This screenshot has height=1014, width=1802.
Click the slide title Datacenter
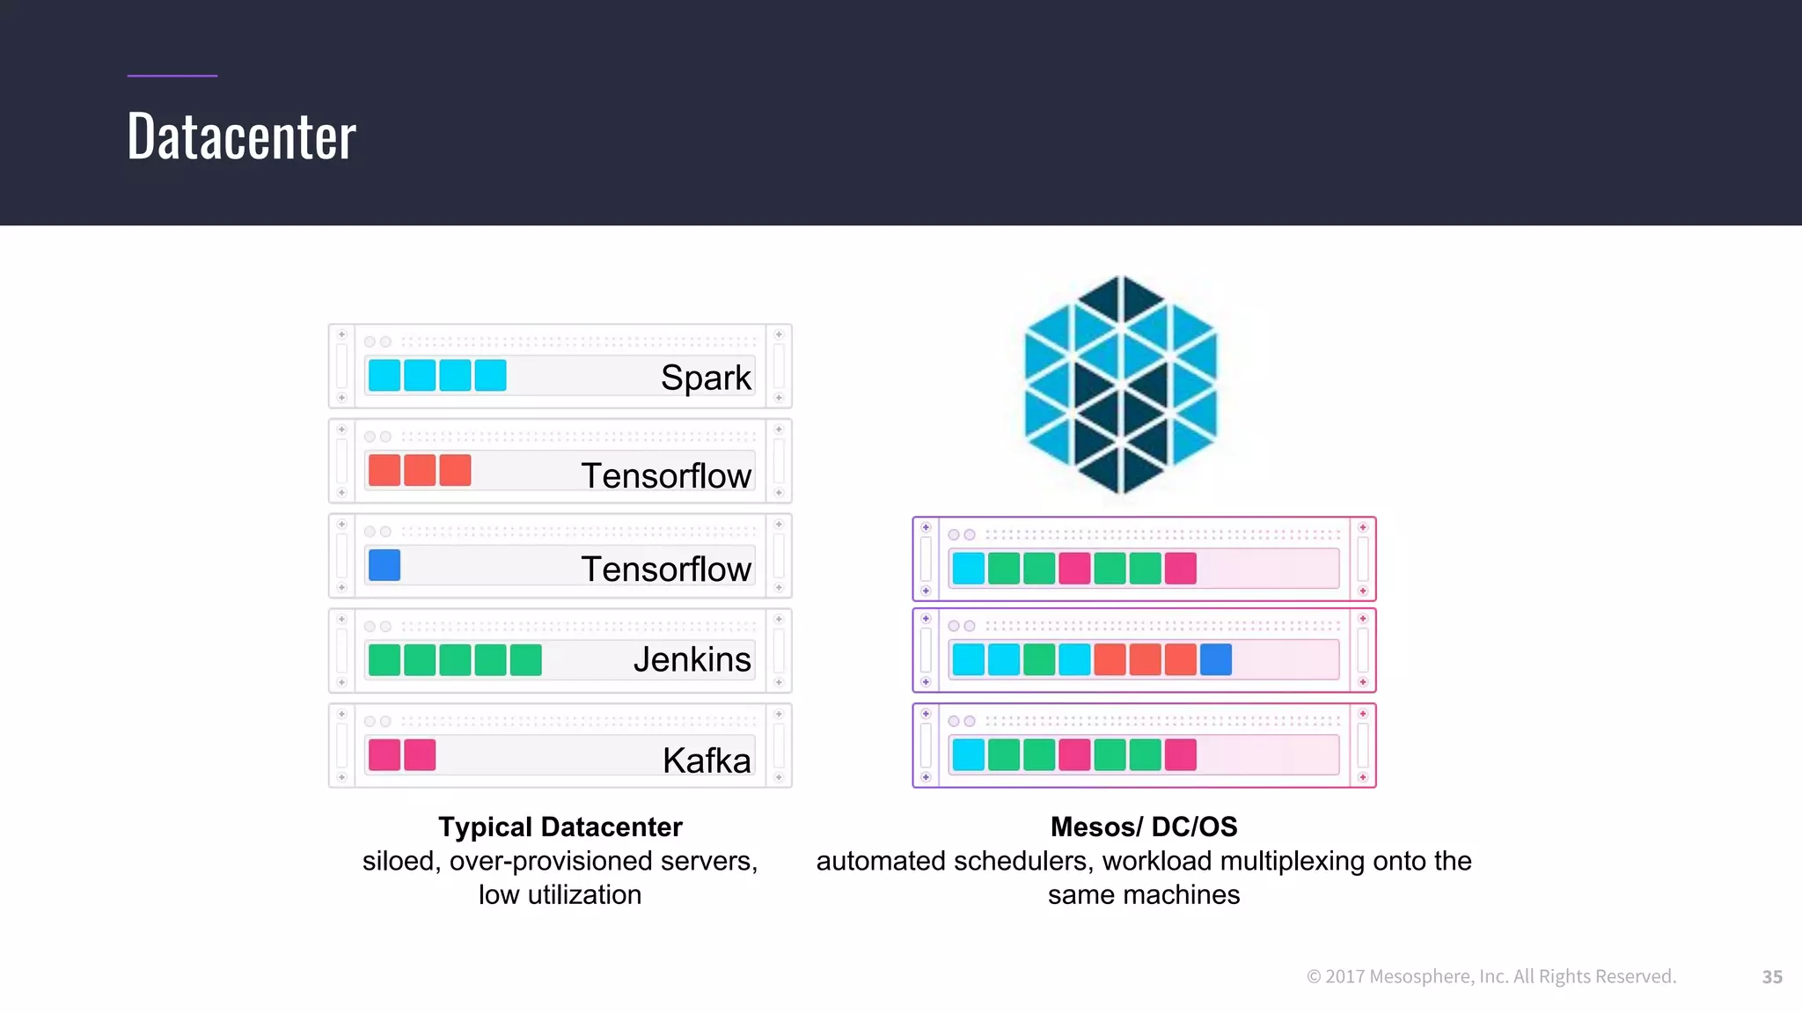241,137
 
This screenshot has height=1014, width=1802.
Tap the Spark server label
705,378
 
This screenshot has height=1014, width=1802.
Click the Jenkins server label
692,659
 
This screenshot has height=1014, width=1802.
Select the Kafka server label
706,760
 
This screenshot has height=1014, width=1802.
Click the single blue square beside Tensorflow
385,565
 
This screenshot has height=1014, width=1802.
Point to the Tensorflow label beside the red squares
666,475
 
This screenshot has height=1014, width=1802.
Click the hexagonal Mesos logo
1120,385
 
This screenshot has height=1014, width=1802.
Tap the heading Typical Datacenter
560,827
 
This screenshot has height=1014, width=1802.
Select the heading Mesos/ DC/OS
1143,827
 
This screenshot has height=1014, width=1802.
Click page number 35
1771,976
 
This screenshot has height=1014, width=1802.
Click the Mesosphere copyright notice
1491,976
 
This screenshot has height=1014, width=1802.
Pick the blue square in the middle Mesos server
1215,659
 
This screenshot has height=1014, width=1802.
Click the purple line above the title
172,76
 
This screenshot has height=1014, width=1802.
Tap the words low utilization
560,894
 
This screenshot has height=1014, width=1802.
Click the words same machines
1143,894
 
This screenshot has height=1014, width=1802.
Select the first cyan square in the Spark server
385,375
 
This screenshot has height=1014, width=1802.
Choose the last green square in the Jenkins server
525,659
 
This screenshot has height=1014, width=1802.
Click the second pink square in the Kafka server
420,754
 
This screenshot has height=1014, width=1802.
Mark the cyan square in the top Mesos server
968,568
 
